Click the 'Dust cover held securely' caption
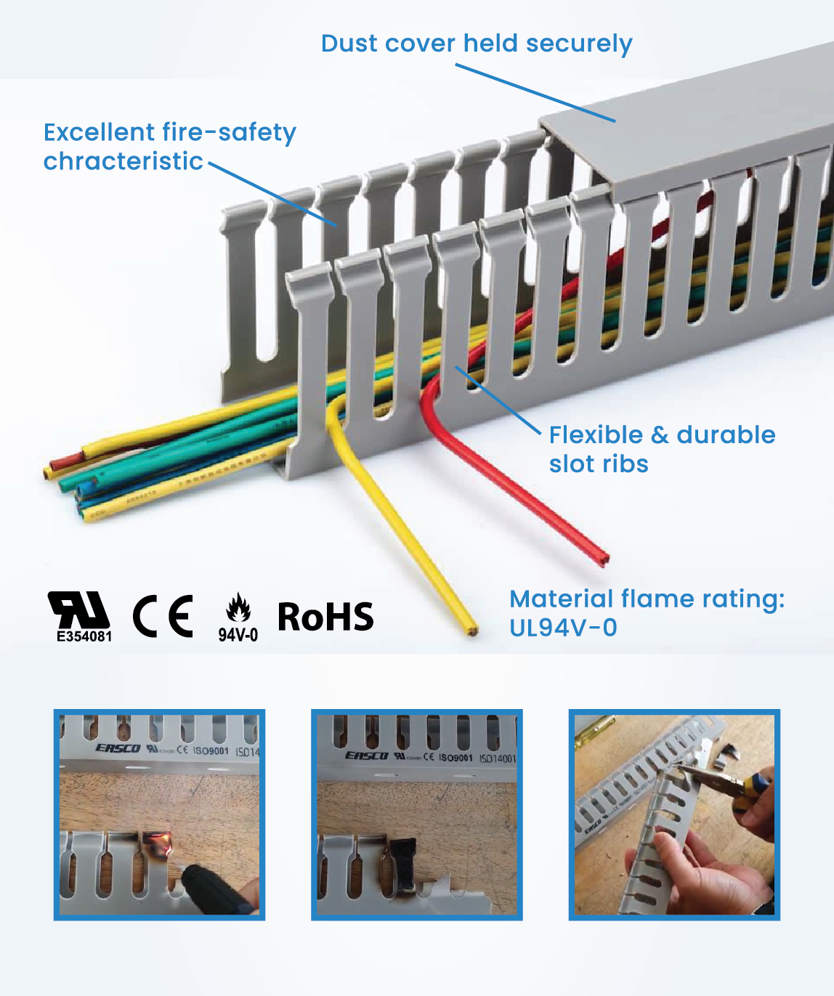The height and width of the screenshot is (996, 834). [477, 44]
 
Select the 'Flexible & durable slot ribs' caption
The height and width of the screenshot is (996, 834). [662, 449]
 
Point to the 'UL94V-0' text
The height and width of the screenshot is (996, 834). [563, 628]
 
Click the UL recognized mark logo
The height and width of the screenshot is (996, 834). [78, 610]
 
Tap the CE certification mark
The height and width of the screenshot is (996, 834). [163, 616]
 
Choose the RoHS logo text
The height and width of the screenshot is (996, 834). [325, 617]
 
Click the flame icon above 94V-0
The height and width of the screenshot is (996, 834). [238, 608]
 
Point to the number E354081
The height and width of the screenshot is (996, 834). [84, 636]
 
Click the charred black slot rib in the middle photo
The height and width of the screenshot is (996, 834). [403, 861]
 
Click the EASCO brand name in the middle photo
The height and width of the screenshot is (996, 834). [366, 756]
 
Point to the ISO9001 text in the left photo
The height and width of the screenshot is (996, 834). [211, 750]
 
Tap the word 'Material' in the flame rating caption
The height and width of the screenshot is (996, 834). [561, 599]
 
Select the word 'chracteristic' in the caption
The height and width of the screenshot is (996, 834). [123, 161]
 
